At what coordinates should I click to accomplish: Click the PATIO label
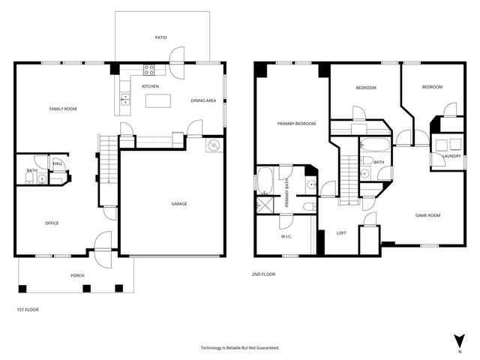[x=160, y=37]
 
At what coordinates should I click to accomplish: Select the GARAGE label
[x=178, y=204]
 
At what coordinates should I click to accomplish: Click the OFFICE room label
[x=52, y=223]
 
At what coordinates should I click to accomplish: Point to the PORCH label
[x=78, y=275]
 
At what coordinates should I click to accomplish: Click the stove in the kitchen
[x=148, y=71]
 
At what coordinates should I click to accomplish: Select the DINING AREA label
[x=204, y=100]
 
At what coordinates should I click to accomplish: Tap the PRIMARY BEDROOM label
[x=296, y=124]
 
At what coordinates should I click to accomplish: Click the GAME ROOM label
[x=427, y=215]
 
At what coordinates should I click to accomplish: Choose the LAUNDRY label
[x=451, y=156]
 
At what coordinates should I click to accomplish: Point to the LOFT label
[x=341, y=232]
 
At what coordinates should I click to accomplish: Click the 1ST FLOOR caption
[x=28, y=309]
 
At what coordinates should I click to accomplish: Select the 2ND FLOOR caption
[x=263, y=274]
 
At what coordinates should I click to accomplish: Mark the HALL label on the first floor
[x=58, y=163]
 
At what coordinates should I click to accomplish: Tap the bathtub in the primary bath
[x=265, y=181]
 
